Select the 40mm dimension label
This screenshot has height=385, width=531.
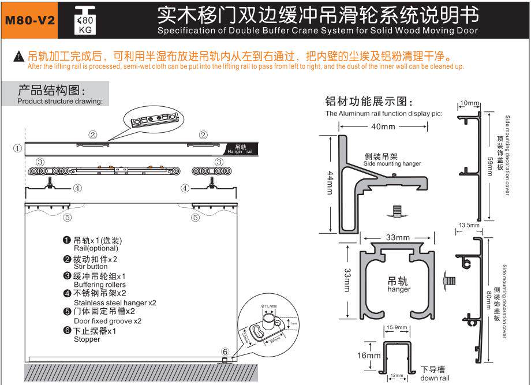pos(384,127)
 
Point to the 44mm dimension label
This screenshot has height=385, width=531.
pos(330,182)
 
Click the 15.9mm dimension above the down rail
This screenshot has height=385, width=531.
pos(397,327)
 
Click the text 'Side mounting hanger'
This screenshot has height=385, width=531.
pos(392,164)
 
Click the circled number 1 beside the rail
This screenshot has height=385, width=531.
pos(18,148)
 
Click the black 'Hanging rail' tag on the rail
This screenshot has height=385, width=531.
pos(239,148)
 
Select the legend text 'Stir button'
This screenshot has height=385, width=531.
pos(91,267)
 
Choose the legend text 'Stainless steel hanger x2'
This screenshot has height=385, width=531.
pos(115,302)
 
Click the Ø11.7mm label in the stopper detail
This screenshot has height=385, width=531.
pos(269,305)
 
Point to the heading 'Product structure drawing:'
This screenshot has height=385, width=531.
pos(60,102)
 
